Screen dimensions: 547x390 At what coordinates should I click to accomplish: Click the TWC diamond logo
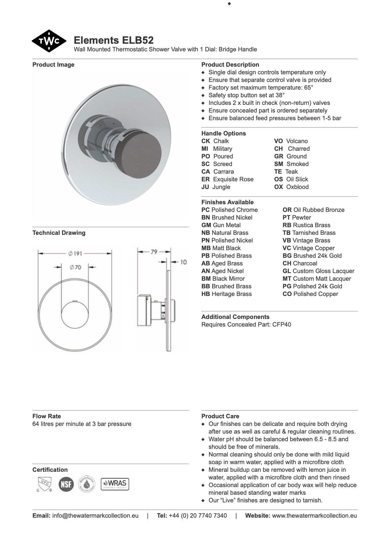pyautogui.click(x=49, y=41)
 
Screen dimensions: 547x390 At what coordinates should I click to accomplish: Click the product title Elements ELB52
pyautogui.click(x=113, y=40)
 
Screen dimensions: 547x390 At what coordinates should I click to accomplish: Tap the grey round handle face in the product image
pyautogui.click(x=147, y=150)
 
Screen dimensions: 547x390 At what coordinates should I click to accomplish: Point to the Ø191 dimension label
pyautogui.click(x=75, y=253)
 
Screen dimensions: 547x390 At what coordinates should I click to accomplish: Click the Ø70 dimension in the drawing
pyautogui.click(x=75, y=267)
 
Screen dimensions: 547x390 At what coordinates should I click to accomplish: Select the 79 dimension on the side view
pyautogui.click(x=154, y=252)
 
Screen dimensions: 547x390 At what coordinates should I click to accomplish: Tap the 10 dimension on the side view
pyautogui.click(x=183, y=262)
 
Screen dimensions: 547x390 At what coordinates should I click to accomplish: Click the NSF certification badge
pyautogui.click(x=66, y=484)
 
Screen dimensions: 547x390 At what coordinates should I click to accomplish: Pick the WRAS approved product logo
pyautogui.click(x=115, y=484)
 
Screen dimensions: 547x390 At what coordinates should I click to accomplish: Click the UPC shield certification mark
pyautogui.click(x=43, y=484)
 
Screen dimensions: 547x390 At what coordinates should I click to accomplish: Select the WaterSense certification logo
pyautogui.click(x=87, y=484)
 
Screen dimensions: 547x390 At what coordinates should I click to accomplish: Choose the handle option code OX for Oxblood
pyautogui.click(x=278, y=187)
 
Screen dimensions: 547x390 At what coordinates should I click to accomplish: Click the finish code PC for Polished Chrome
pyautogui.click(x=205, y=210)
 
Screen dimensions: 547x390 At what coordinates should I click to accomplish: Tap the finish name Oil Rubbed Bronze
pyautogui.click(x=319, y=210)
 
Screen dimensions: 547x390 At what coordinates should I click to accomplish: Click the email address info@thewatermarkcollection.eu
pyautogui.click(x=95, y=516)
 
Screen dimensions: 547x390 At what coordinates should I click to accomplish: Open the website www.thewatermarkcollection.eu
pyautogui.click(x=314, y=516)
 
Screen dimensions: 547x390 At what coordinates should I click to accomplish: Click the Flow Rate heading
pyautogui.click(x=46, y=416)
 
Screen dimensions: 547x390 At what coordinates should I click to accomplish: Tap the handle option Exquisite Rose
pyautogui.click(x=233, y=179)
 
